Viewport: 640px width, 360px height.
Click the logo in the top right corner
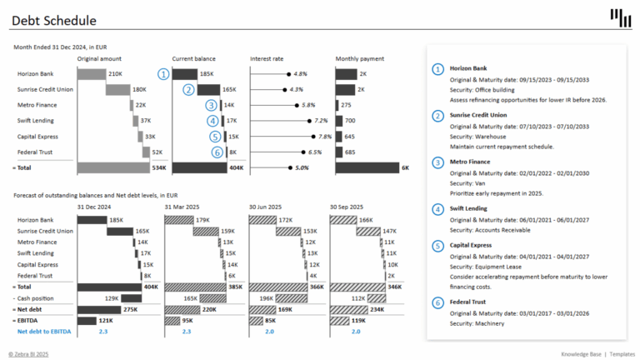pos(620,17)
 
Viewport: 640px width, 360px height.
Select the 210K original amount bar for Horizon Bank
pos(92,74)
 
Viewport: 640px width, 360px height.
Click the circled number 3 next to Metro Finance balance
pos(211,105)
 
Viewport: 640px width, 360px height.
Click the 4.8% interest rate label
pos(301,74)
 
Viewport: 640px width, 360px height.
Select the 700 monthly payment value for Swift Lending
pos(350,121)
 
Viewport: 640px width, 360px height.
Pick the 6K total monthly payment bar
pos(367,167)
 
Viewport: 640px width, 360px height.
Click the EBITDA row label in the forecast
pos(31,320)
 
